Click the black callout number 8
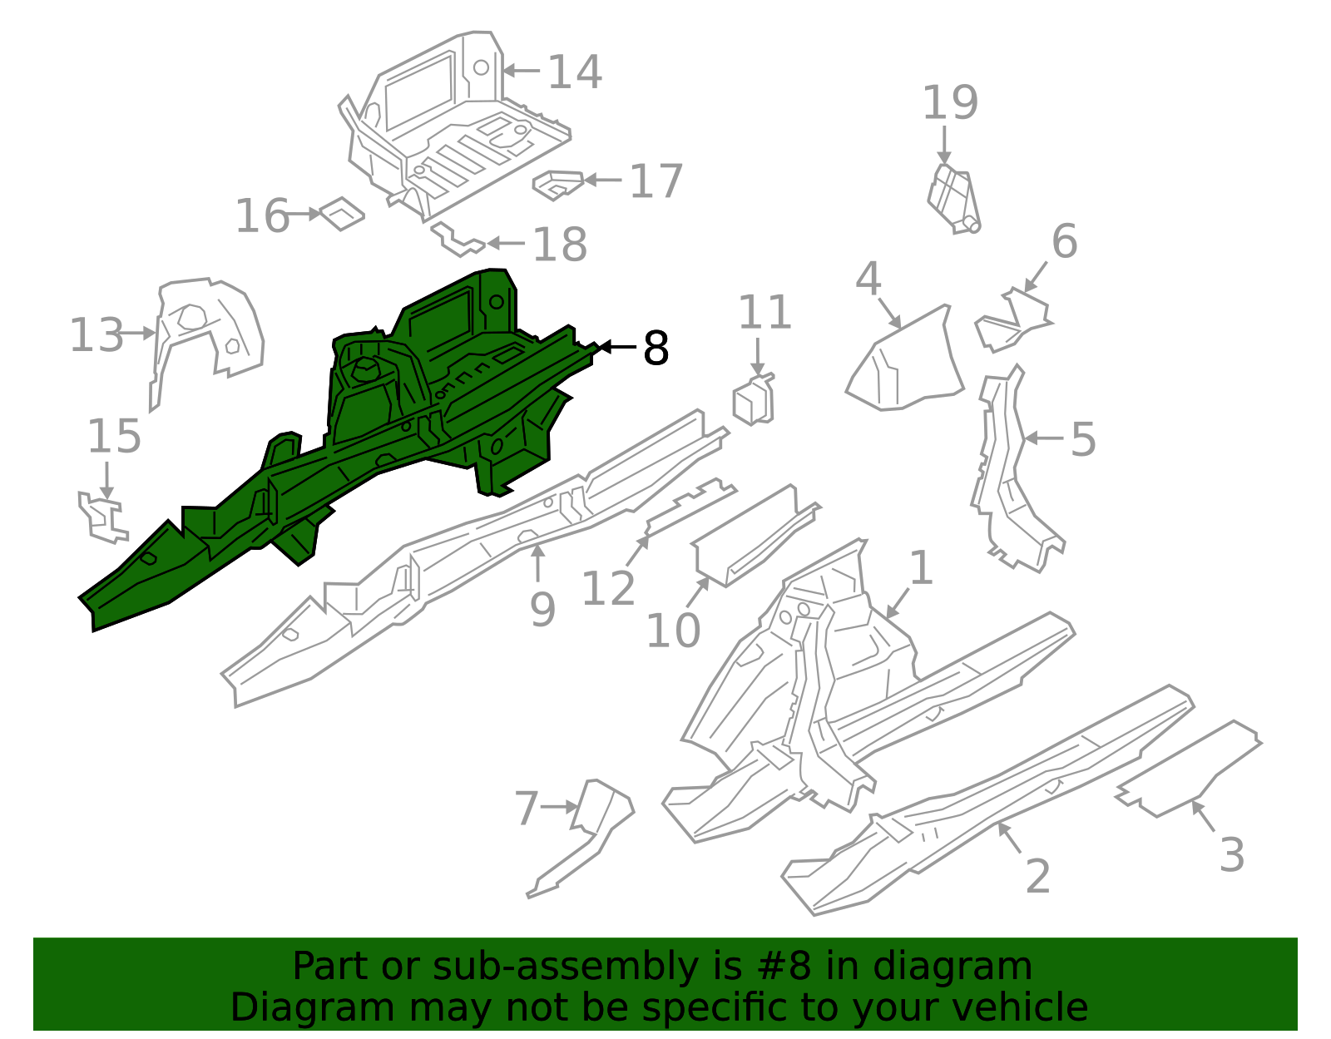pyautogui.click(x=656, y=349)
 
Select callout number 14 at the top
pyautogui.click(x=574, y=72)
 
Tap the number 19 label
pyautogui.click(x=950, y=104)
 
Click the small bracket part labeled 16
pyautogui.click(x=342, y=214)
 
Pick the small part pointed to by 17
pyautogui.click(x=557, y=185)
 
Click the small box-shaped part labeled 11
pyautogui.click(x=753, y=401)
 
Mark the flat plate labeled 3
pyautogui.click(x=1190, y=769)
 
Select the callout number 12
pyautogui.click(x=608, y=589)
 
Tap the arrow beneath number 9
pyautogui.click(x=538, y=563)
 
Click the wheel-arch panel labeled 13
pyautogui.click(x=208, y=329)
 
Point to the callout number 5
pyautogui.click(x=1082, y=438)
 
